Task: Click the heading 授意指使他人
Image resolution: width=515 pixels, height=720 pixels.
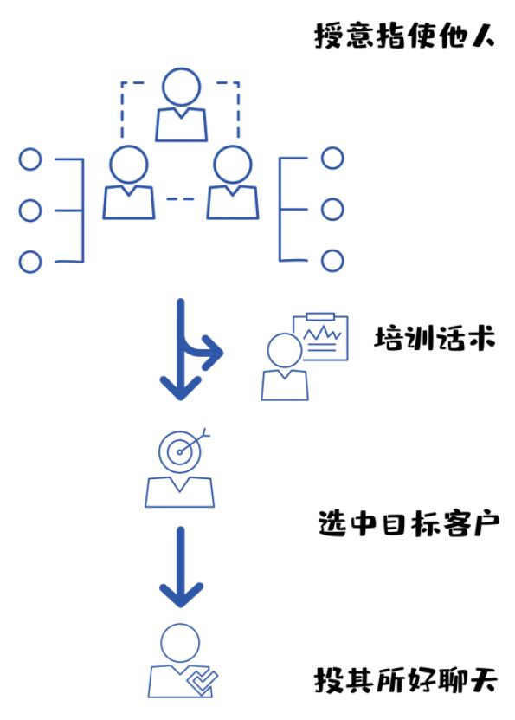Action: [x=405, y=37]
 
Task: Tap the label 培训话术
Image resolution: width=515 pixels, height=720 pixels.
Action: [x=434, y=339]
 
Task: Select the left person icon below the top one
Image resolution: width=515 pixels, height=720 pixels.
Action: [x=129, y=183]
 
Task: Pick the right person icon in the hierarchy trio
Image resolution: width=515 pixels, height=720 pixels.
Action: [x=232, y=183]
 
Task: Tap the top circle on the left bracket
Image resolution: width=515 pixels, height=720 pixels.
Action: [x=30, y=159]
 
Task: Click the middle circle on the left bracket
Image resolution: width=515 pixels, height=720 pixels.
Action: [x=30, y=211]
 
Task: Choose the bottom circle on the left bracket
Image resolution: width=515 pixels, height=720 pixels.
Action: [x=30, y=261]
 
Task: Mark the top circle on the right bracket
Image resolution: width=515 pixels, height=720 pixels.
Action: [x=332, y=159]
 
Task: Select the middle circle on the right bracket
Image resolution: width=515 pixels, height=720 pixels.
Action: [x=332, y=209]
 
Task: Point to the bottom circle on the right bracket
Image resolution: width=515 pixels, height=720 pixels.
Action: [x=332, y=260]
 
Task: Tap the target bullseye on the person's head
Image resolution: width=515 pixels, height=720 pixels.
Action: [x=180, y=450]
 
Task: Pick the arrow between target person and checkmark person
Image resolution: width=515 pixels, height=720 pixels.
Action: [x=181, y=568]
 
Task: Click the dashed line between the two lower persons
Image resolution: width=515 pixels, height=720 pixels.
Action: [x=181, y=199]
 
